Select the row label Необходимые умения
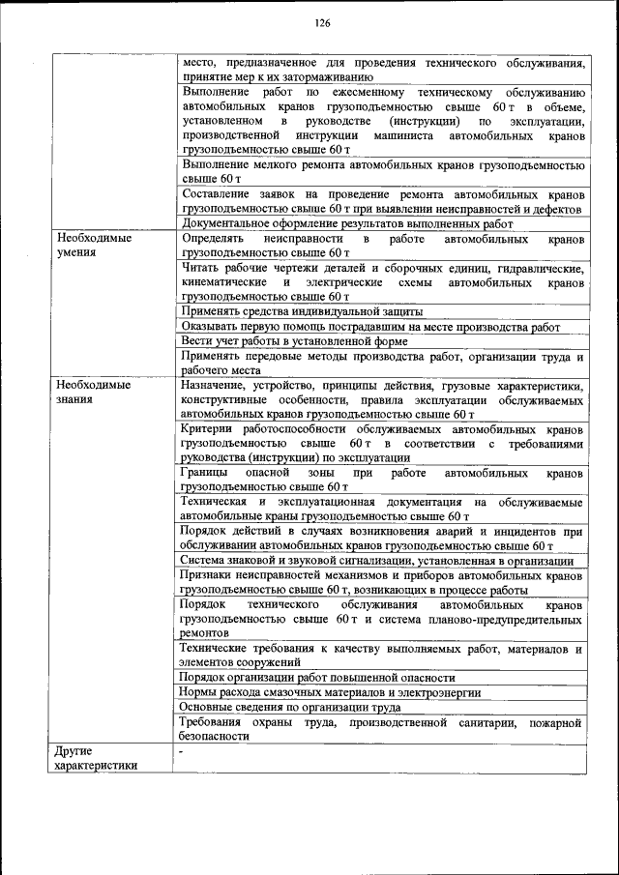click(x=93, y=245)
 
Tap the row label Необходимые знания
click(x=93, y=391)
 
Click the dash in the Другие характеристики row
click(x=181, y=751)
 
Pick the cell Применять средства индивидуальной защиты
click(x=302, y=312)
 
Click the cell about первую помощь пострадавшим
click(x=370, y=328)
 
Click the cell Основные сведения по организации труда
click(x=291, y=707)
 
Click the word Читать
click(x=201, y=268)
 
